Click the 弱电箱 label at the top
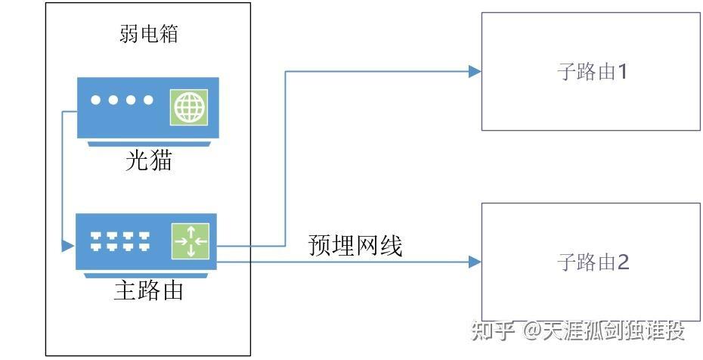[148, 33]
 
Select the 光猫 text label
[148, 160]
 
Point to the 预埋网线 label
[355, 246]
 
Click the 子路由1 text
[592, 73]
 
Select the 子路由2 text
[592, 262]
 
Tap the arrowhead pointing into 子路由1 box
[475, 72]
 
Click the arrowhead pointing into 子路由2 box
[475, 262]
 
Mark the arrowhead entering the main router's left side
[69, 246]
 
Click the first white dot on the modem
[96, 100]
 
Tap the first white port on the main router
[96, 241]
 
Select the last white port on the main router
[143, 241]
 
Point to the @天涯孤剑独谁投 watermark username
[605, 331]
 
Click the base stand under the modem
[148, 142]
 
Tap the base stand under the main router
[148, 274]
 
